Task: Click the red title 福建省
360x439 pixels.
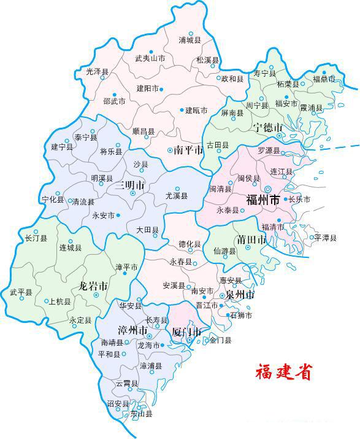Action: point(283,371)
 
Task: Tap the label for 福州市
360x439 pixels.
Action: point(262,200)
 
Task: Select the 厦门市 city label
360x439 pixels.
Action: point(186,333)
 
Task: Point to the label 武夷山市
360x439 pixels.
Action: point(150,59)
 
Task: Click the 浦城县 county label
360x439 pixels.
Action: point(190,41)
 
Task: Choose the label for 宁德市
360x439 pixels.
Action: point(268,128)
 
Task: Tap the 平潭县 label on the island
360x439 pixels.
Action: point(325,238)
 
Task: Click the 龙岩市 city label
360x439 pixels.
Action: point(94,286)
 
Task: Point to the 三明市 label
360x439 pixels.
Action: point(131,185)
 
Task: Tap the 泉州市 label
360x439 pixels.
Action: point(240,295)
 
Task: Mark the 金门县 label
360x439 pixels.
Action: point(220,340)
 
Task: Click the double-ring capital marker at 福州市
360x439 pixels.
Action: point(267,189)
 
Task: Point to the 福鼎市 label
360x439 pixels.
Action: point(324,79)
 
